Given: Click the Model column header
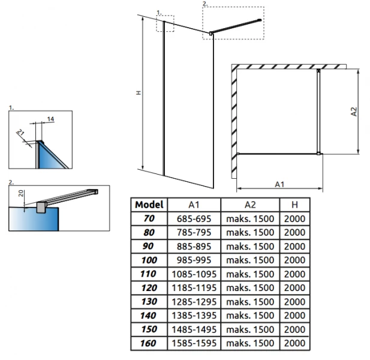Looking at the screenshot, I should [x=149, y=205].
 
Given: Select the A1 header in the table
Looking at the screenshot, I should [x=193, y=205].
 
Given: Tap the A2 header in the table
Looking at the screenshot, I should [x=249, y=205].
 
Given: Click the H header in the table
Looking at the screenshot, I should [x=294, y=205].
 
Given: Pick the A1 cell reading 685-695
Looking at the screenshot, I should [x=193, y=218].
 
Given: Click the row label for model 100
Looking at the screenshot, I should [x=149, y=260].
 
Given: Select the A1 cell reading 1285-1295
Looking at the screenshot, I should [x=193, y=302].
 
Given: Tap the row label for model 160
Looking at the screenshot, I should [x=149, y=344].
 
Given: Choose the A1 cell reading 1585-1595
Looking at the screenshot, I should [x=193, y=344].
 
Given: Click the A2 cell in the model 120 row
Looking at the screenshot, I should [x=249, y=288].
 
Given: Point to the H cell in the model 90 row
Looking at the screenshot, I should [x=294, y=246].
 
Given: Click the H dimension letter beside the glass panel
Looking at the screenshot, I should [x=138, y=93].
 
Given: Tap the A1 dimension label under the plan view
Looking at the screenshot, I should [x=279, y=184].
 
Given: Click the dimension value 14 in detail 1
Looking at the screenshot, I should [x=51, y=120].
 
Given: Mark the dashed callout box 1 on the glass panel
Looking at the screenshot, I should [x=165, y=23].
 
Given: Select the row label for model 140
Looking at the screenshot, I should [x=149, y=316].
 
